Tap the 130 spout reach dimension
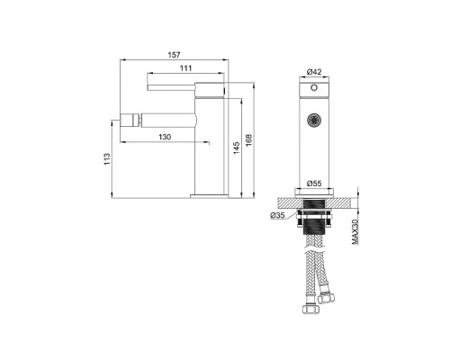[x=165, y=137]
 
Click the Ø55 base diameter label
[x=314, y=183]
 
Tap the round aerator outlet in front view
[x=313, y=117]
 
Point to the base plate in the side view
[x=210, y=193]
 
